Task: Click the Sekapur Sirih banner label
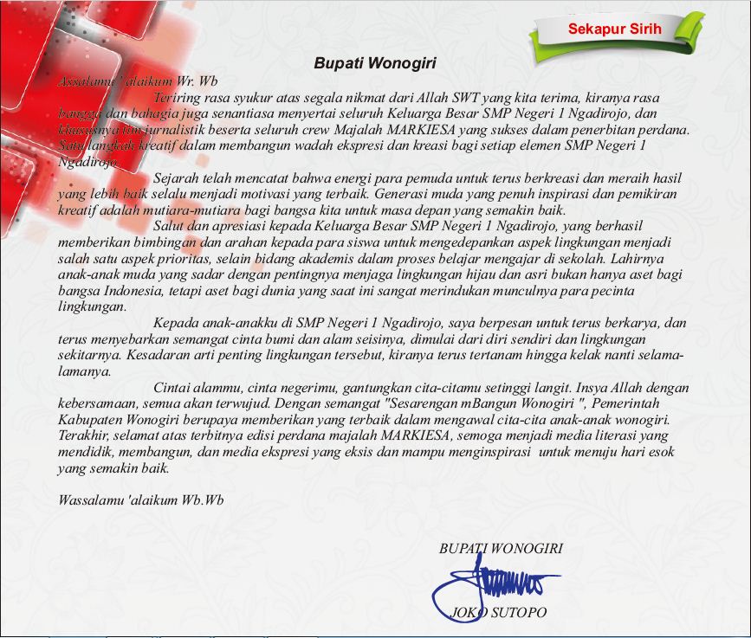[614, 29]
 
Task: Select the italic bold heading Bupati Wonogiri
[374, 63]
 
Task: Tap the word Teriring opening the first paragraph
[178, 98]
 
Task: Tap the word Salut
[169, 226]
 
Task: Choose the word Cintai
[172, 390]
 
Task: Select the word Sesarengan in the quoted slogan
[431, 405]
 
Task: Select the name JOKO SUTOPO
[500, 613]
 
